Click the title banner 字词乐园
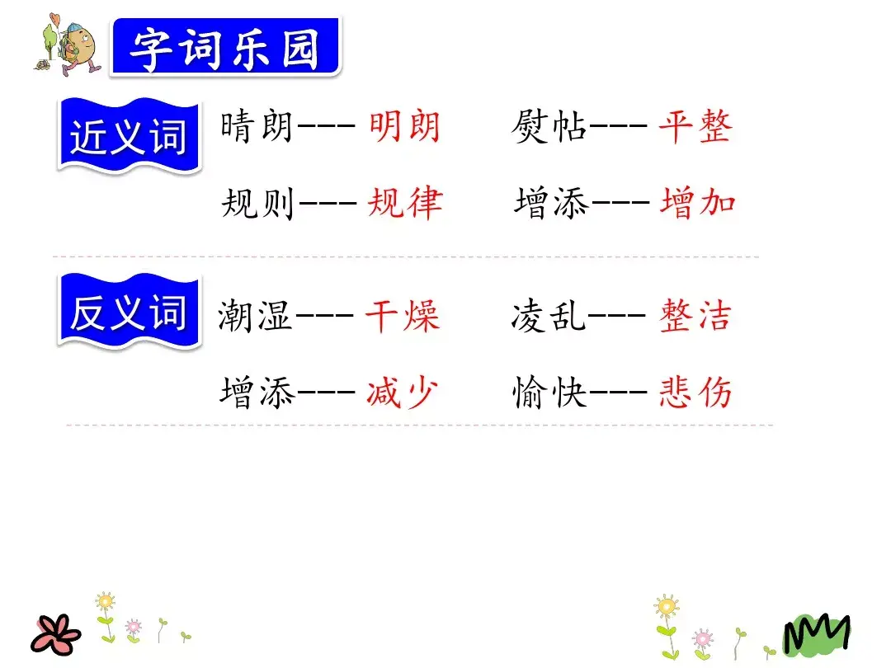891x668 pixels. pos(224,49)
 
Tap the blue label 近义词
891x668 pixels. pos(129,137)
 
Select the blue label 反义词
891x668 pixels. pos(129,313)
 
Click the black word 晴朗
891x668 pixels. pos(257,128)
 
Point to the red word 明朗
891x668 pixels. pos(404,128)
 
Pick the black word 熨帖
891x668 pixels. pos(549,128)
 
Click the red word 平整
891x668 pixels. pos(695,128)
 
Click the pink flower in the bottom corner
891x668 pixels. pos(57,633)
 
